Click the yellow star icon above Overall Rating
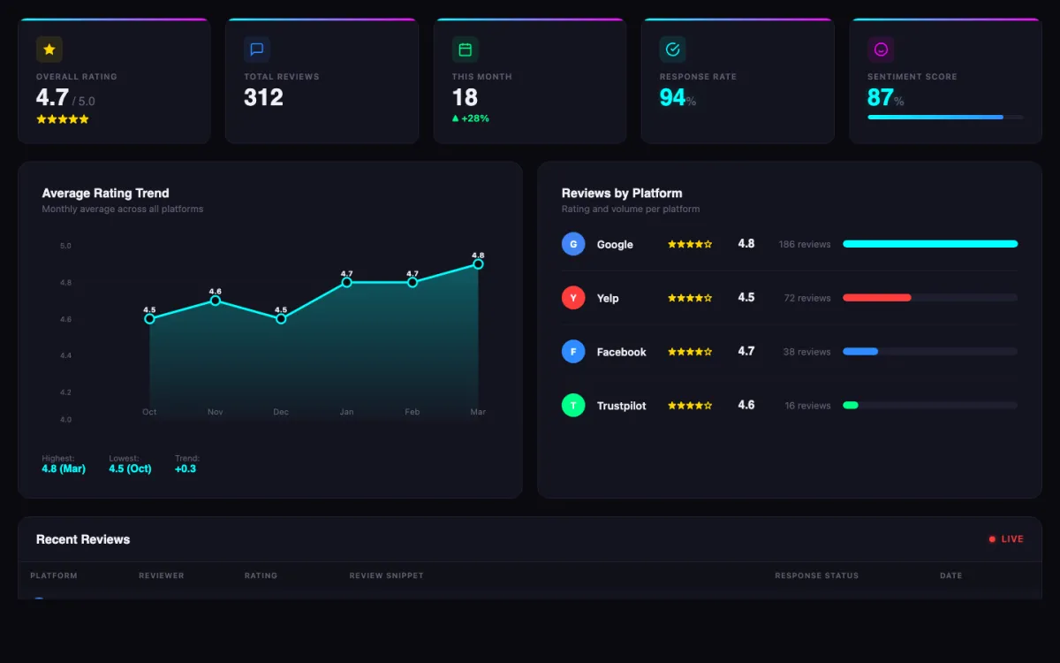point(49,50)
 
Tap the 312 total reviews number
point(263,97)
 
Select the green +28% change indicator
point(471,118)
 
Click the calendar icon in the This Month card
point(465,50)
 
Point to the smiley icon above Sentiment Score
point(881,50)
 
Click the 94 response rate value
point(672,97)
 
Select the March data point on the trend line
point(478,264)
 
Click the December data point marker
point(281,318)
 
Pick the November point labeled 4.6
point(215,301)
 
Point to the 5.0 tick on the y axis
point(65,246)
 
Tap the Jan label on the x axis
point(346,412)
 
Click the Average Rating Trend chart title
point(105,193)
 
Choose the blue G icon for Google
point(573,244)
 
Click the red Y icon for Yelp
point(573,298)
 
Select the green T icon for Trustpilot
point(573,406)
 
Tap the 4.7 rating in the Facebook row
point(746,351)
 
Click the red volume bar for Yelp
point(876,298)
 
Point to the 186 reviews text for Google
point(804,244)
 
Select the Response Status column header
point(816,575)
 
